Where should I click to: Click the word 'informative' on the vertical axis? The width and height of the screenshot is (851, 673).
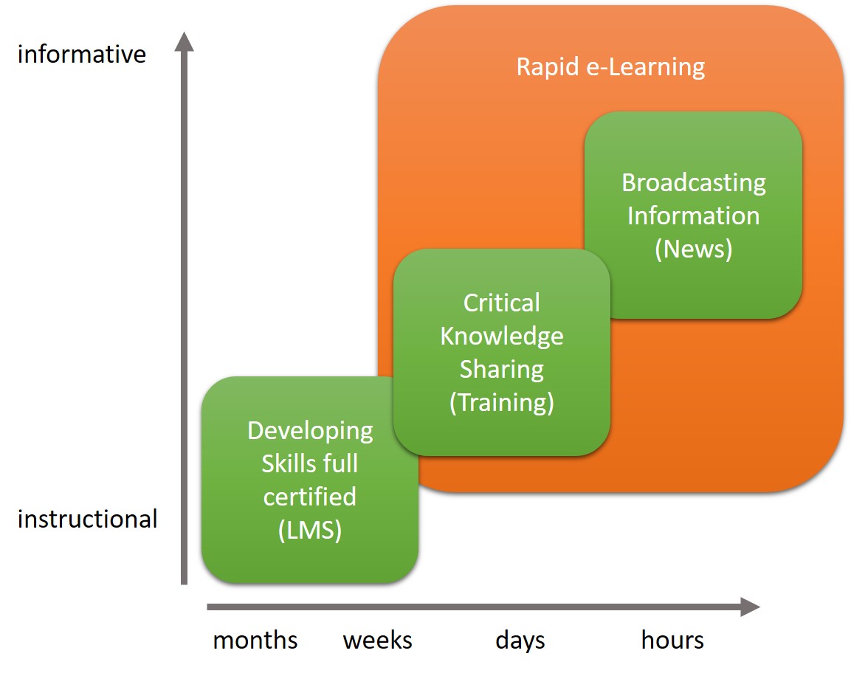(82, 55)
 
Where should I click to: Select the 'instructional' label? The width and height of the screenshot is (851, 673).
(87, 519)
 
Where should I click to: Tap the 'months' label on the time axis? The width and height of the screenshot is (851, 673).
(255, 641)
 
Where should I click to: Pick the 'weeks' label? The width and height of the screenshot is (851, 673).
(378, 641)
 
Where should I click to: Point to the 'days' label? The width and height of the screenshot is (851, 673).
(520, 641)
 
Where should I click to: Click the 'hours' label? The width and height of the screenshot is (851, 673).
(672, 640)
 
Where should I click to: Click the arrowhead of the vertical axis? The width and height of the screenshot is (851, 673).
(184, 41)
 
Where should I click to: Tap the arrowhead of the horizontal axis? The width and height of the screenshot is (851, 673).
(750, 607)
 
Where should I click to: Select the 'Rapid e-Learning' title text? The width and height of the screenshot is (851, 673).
(610, 67)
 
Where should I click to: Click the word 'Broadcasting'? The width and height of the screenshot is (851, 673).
(694, 183)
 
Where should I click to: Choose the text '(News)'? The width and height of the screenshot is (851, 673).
(694, 249)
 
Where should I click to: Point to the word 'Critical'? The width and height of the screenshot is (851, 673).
(501, 303)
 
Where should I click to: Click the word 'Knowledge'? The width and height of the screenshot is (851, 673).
(501, 336)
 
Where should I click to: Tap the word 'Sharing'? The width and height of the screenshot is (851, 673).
(501, 370)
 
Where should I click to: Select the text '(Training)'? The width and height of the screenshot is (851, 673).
(501, 403)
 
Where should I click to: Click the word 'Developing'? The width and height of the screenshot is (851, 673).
(310, 431)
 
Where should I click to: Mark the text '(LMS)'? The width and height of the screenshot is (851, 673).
(310, 531)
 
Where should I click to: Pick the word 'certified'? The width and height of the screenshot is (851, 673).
(310, 497)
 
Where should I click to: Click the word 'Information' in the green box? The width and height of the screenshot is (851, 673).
(694, 216)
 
